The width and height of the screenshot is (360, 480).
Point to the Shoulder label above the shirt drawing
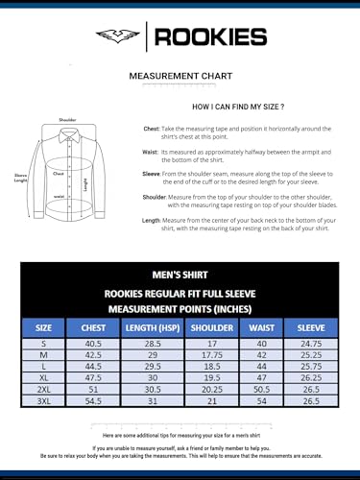(67, 120)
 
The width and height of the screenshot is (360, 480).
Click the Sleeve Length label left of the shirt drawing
(21, 178)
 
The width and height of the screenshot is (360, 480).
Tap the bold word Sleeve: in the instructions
(151, 172)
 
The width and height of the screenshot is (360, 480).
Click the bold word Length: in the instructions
(151, 220)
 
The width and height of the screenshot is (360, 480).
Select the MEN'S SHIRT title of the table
(180, 273)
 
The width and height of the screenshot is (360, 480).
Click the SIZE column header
(44, 326)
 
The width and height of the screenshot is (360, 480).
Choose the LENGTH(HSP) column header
(151, 326)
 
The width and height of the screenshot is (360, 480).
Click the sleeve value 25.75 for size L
(310, 366)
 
